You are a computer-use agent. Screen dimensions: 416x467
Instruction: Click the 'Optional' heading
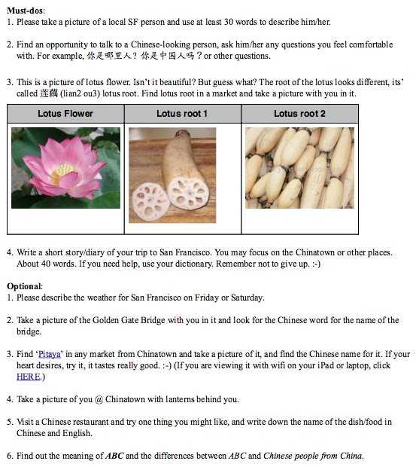(x=25, y=286)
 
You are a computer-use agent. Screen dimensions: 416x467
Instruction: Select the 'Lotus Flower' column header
(x=65, y=114)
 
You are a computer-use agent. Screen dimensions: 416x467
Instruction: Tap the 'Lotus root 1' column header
(x=182, y=114)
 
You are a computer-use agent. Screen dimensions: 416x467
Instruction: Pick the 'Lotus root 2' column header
(x=299, y=114)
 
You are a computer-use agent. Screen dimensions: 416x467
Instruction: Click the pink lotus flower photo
(x=65, y=167)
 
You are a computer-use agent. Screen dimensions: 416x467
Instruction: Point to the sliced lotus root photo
(x=172, y=175)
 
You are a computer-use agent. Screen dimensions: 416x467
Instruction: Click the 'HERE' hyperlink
(x=28, y=377)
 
